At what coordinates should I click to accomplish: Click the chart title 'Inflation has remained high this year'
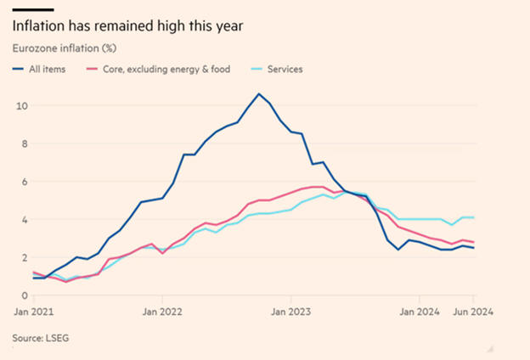click(128, 26)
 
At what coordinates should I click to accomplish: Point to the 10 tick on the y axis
click(20, 106)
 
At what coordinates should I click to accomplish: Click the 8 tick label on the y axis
click(23, 144)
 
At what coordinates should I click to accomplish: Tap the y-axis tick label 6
click(23, 182)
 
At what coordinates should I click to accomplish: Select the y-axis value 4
click(23, 220)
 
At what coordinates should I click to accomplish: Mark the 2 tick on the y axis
click(23, 257)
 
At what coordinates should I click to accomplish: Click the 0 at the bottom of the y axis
click(23, 295)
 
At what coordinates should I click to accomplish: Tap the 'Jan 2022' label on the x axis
click(162, 312)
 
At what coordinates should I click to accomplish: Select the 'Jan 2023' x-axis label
click(291, 312)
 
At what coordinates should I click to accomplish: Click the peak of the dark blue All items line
click(259, 93)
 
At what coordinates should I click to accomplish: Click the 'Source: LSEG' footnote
click(42, 339)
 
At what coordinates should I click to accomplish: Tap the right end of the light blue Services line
click(473, 218)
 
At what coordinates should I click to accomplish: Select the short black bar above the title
click(26, 10)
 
